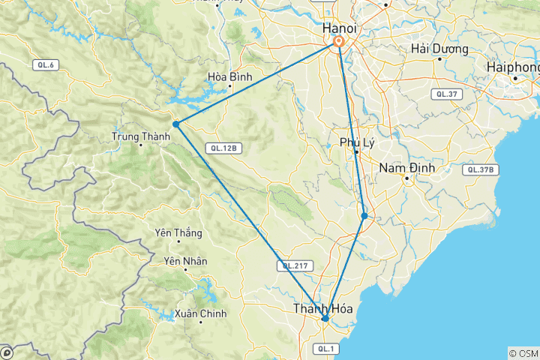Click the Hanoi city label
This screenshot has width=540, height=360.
[339, 28]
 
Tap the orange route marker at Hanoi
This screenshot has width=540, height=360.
[339, 43]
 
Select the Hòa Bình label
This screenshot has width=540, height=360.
[230, 76]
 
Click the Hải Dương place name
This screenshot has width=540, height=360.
[440, 49]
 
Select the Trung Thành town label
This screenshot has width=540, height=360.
[136, 136]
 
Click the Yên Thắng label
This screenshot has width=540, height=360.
[178, 232]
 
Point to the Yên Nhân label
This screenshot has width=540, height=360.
[184, 261]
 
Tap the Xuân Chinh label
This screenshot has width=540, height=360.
[197, 313]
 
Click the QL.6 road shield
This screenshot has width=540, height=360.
[46, 65]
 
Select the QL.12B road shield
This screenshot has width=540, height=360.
[223, 148]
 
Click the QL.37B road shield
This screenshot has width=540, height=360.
[481, 169]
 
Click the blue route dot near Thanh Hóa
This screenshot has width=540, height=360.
[325, 319]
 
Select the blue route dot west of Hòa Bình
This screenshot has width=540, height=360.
[175, 124]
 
